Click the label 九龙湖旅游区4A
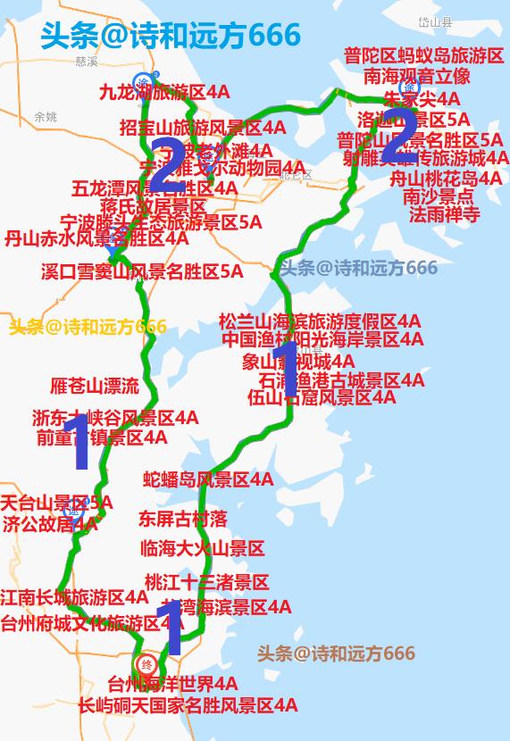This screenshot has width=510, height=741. coord(163,92)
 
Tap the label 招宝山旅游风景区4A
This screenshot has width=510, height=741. coord(203,128)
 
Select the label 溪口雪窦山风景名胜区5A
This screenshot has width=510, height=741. coord(141,271)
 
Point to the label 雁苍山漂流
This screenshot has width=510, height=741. coord(95,387)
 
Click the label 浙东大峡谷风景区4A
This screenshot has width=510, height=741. coord(115,418)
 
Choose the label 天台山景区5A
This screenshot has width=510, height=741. coord(56,504)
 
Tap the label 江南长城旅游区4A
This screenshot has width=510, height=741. coord(74,596)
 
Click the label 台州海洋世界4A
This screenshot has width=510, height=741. coord(172,685)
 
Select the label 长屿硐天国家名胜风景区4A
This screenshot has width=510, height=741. coord(188,705)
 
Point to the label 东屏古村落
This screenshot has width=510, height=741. coord(182,519)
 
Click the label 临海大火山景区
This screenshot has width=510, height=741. coord(202,548)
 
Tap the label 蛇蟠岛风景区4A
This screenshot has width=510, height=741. coord(208,480)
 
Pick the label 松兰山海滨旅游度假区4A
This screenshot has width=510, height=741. coord(320,321)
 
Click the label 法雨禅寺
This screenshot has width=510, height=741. coord(445,215)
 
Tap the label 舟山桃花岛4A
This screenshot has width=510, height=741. coord(447,179)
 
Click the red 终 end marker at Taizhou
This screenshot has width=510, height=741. coord(147,664)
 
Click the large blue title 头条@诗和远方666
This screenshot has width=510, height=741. coord(171,36)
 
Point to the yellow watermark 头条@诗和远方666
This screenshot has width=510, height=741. coord(88,327)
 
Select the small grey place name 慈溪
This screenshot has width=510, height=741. coord(87,62)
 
